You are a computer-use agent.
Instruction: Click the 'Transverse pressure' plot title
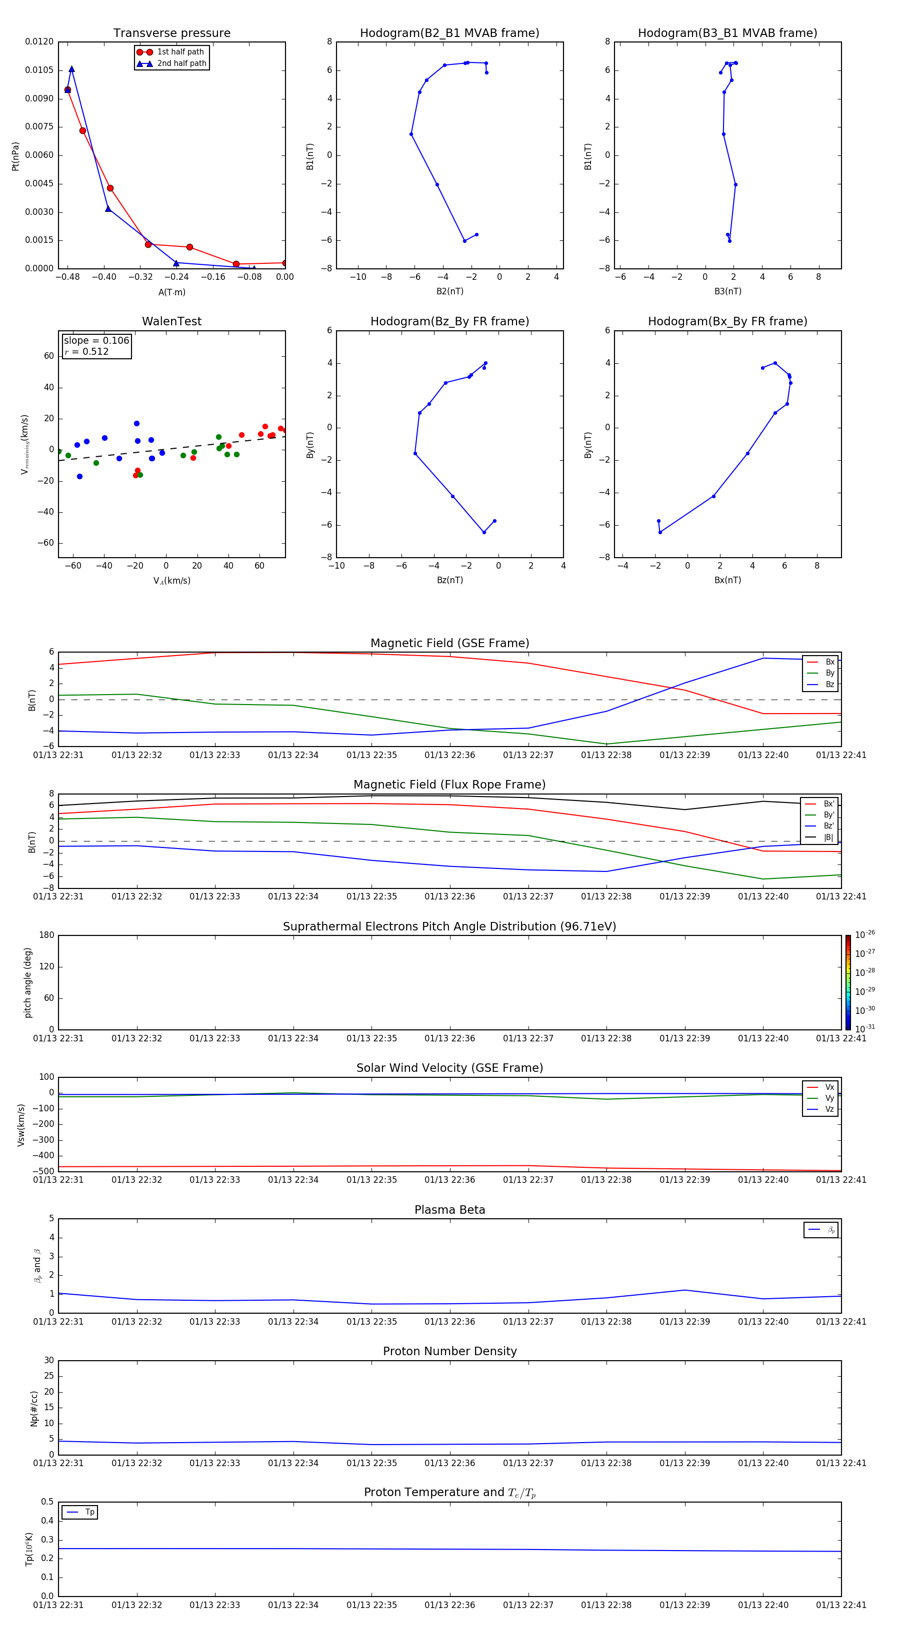coord(171,33)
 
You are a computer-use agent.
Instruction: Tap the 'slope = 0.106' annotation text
coord(96,341)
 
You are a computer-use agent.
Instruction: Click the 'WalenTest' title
coord(171,321)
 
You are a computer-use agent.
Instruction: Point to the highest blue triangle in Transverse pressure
coord(71,69)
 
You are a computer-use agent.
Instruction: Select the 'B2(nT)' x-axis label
coord(449,291)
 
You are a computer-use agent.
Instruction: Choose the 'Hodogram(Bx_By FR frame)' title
coord(727,321)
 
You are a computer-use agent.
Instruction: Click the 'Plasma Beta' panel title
coord(449,1210)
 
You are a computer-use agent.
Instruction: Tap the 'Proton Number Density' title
coord(449,1351)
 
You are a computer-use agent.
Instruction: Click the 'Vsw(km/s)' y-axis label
coord(21,1125)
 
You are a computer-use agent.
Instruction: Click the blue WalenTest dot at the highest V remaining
coord(136,424)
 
